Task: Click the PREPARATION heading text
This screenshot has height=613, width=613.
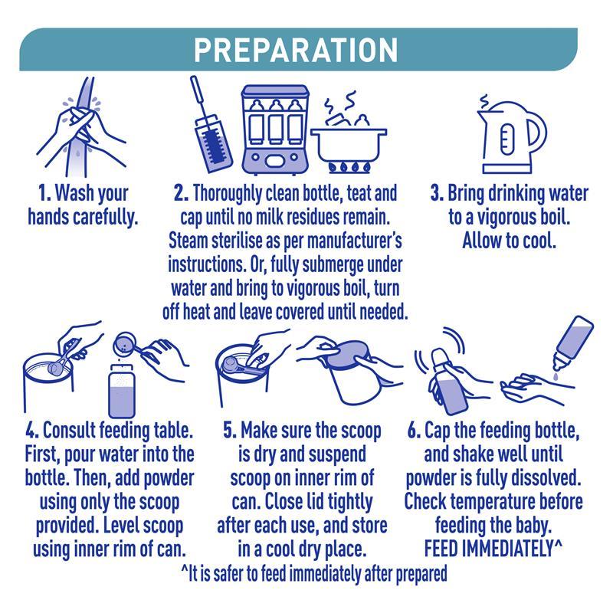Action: (296, 50)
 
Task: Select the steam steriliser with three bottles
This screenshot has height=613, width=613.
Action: (275, 129)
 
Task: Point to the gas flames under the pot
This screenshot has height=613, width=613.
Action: (349, 167)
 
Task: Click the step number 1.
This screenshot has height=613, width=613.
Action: (44, 194)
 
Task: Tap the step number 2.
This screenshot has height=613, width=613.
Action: (181, 194)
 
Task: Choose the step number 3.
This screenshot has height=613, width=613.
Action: (437, 194)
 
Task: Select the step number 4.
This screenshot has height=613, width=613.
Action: (32, 431)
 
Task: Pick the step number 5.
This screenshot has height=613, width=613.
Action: (230, 431)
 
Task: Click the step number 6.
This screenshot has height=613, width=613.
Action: (414, 431)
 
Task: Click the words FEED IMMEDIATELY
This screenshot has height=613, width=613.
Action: (490, 549)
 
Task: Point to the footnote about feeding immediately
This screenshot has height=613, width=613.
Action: (314, 574)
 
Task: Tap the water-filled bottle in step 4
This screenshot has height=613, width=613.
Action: (122, 392)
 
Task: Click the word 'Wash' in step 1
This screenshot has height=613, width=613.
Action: (70, 194)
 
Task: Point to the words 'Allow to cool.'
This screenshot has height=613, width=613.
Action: (509, 241)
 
